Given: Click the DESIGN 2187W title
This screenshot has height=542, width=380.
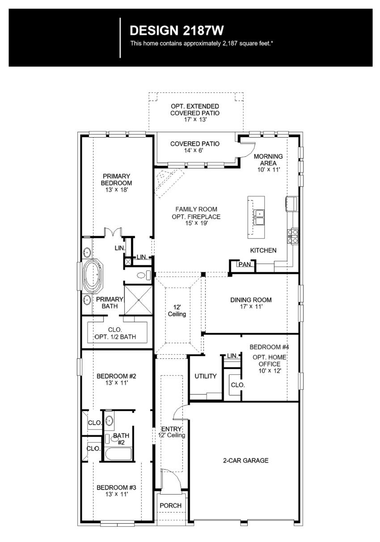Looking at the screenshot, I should pos(177,30).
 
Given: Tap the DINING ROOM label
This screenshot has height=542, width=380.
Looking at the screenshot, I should pos(251,303).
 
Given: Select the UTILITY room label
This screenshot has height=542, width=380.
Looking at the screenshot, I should pos(205,376).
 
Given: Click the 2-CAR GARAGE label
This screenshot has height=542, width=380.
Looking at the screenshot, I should pos(246,460).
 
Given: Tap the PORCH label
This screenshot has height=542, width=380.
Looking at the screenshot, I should pos(170,505).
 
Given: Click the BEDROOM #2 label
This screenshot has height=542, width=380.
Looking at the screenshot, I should pos(116,379).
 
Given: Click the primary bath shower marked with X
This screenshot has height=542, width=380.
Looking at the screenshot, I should pos(139,300).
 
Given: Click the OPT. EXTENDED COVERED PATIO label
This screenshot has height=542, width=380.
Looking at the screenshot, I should pos(195,110).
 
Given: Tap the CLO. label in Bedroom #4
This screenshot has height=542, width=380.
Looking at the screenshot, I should pos(237,385).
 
